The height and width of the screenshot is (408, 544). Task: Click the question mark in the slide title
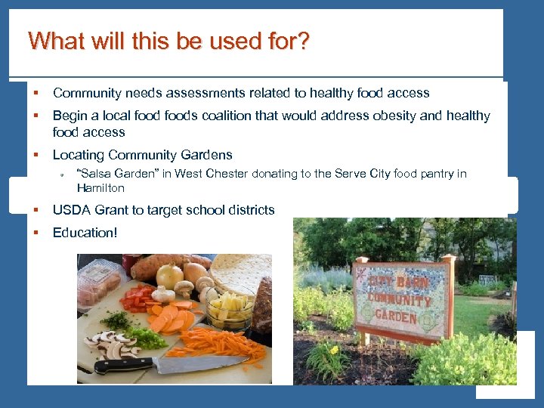302,41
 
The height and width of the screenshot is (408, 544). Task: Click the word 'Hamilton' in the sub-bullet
100,187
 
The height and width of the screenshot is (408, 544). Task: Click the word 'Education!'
85,233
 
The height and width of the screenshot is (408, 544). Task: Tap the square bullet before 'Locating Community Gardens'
35,155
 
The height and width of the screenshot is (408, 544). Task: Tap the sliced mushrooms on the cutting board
113,344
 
